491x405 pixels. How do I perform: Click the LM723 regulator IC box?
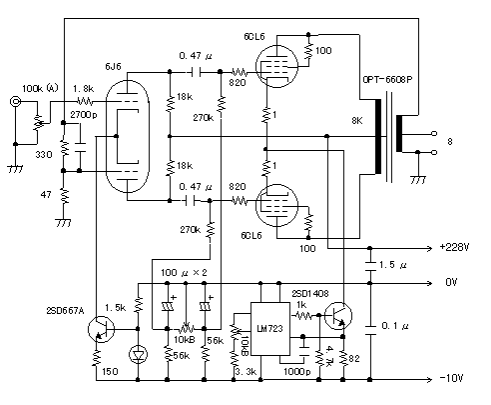tap(269, 329)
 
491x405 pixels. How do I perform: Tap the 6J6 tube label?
tap(113, 66)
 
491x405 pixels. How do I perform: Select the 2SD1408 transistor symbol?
tap(338, 316)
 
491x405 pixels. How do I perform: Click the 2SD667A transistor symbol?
tap(101, 329)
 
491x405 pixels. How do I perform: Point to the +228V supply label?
tap(454, 247)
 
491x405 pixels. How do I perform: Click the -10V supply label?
tap(451, 378)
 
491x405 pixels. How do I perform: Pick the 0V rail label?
tap(451, 282)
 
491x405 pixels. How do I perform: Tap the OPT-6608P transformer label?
tap(387, 80)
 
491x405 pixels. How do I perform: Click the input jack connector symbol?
tap(15, 101)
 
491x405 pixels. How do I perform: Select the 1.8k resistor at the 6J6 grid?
tap(85, 101)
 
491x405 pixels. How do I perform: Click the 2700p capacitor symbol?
tap(80, 148)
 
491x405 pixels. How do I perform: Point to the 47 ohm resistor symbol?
tap(64, 196)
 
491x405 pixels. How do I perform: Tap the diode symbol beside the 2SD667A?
tap(138, 354)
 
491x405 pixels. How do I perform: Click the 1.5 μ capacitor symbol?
tap(369, 266)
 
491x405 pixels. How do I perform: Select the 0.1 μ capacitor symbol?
tap(369, 329)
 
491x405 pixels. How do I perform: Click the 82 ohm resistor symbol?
tap(343, 358)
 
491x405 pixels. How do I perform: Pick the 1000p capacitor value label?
tap(296, 371)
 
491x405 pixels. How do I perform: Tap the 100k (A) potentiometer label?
tap(40, 88)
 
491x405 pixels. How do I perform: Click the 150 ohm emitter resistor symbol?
tap(96, 358)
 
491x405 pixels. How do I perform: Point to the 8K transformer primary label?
tap(357, 121)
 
